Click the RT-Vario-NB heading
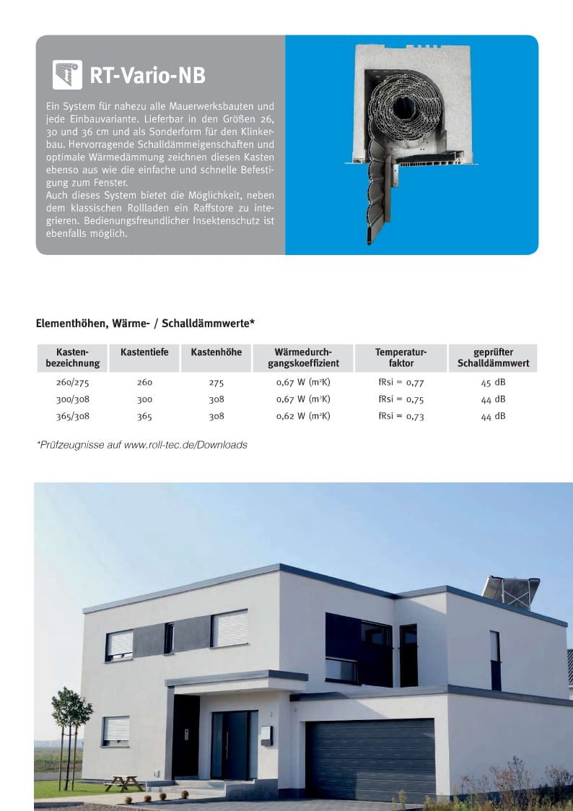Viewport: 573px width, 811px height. click(147, 74)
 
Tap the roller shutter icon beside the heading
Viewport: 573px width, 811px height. click(67, 74)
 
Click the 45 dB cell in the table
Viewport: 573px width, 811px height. click(493, 382)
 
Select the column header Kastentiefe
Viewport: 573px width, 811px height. click(144, 352)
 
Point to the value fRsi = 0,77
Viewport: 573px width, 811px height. click(401, 382)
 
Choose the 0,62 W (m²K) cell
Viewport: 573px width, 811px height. click(303, 416)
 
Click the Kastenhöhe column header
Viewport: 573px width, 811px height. click(216, 352)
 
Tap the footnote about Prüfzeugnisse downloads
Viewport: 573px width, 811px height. click(141, 445)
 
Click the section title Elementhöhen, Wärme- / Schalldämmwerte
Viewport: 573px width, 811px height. click(145, 324)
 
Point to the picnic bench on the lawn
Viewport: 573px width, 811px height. click(123, 782)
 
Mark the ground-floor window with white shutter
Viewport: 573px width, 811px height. click(115, 730)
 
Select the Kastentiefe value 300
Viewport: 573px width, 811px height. click(144, 399)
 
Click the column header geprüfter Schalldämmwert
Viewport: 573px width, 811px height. click(493, 357)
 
